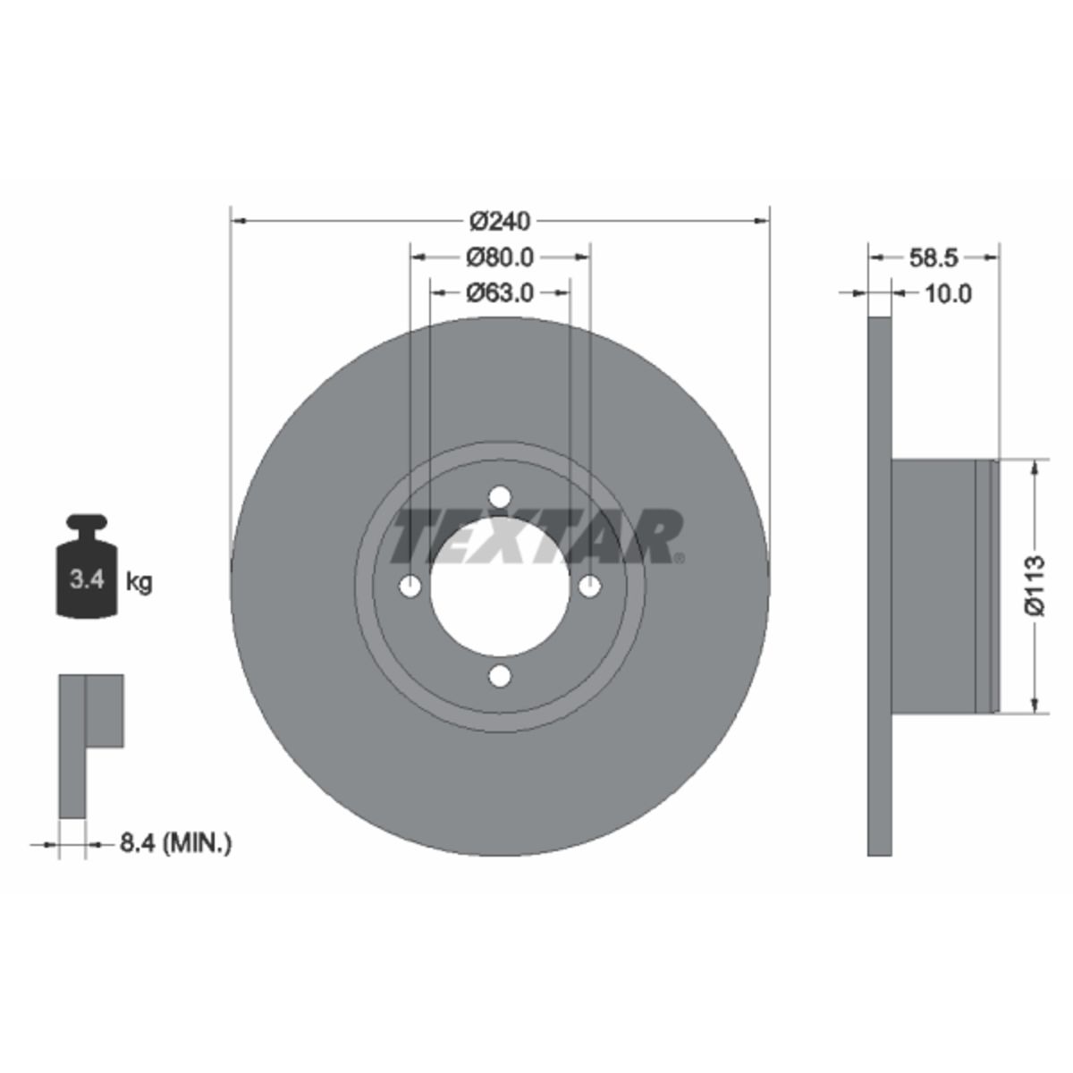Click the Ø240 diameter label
[x=500, y=222]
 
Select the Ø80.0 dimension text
[x=500, y=258]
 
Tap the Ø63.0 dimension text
[x=500, y=292]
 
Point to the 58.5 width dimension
[x=934, y=258]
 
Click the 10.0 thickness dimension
[x=948, y=293]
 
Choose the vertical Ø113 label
[x=1034, y=585]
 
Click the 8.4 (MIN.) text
[x=175, y=859]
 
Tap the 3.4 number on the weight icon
[x=88, y=579]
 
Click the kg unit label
[x=139, y=582]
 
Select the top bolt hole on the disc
[x=500, y=496]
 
